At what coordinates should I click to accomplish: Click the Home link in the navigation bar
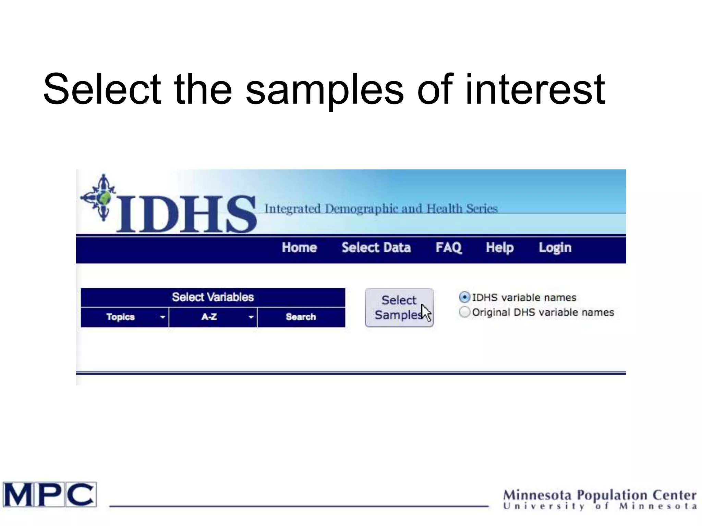tap(299, 248)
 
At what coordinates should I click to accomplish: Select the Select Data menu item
tap(376, 248)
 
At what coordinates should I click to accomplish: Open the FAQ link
tap(449, 248)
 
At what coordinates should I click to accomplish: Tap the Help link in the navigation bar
tap(499, 248)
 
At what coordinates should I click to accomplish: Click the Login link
tap(555, 248)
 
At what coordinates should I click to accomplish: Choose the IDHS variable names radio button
tap(464, 297)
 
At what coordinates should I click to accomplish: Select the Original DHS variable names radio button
tap(464, 312)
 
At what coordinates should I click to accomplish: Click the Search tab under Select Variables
tap(301, 317)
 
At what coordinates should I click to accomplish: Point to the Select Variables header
tap(213, 297)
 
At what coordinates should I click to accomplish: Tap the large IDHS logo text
tap(187, 214)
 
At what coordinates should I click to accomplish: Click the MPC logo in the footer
tap(50, 494)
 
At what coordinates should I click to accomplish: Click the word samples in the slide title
tap(325, 90)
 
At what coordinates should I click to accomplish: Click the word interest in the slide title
tap(535, 90)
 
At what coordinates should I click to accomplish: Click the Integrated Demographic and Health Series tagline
tap(381, 209)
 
